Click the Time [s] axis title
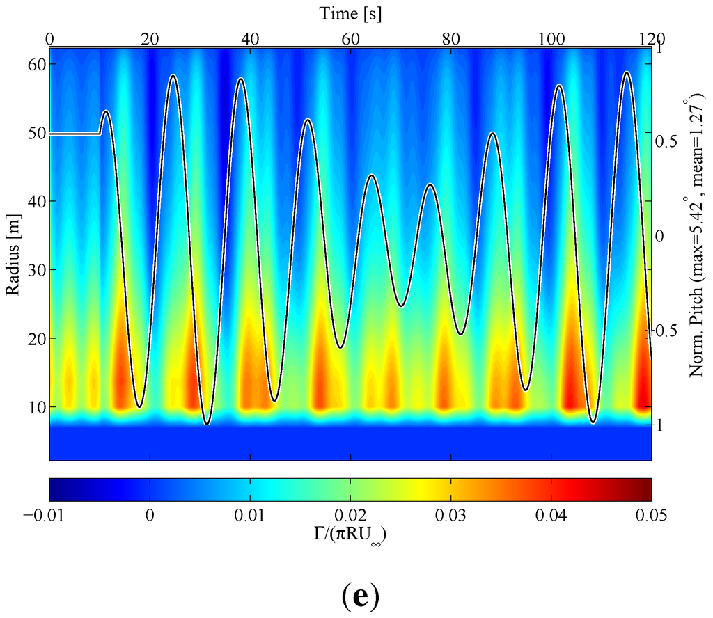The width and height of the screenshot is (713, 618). pyautogui.click(x=350, y=13)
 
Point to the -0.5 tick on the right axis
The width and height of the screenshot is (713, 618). pyautogui.click(x=670, y=330)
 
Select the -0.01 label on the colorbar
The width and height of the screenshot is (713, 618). pyautogui.click(x=49, y=515)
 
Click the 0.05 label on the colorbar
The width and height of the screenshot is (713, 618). pyautogui.click(x=651, y=515)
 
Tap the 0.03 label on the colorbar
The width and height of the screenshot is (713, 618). pyautogui.click(x=450, y=515)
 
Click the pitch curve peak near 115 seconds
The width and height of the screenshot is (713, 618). pyautogui.click(x=627, y=72)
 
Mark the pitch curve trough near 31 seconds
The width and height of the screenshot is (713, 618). pyautogui.click(x=207, y=424)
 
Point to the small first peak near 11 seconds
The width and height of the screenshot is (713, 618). pyautogui.click(x=106, y=111)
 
